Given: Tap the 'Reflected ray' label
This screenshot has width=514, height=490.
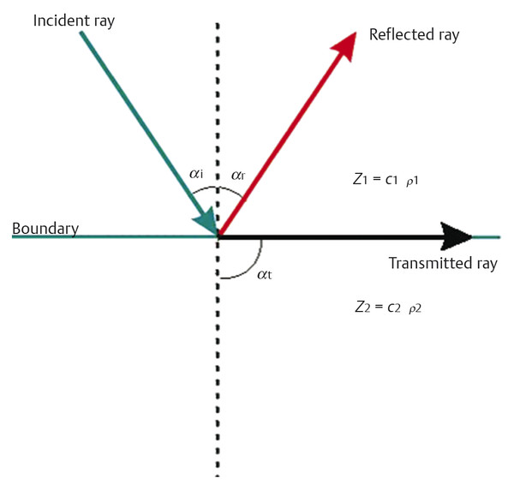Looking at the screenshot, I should (x=414, y=35).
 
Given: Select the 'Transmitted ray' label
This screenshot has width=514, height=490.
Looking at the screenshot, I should (x=442, y=264).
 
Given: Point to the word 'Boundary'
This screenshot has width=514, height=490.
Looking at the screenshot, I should (x=45, y=229).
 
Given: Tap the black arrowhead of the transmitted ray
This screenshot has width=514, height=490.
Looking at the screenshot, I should (x=454, y=236).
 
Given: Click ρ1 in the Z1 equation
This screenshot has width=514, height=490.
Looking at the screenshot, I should (x=415, y=182).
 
